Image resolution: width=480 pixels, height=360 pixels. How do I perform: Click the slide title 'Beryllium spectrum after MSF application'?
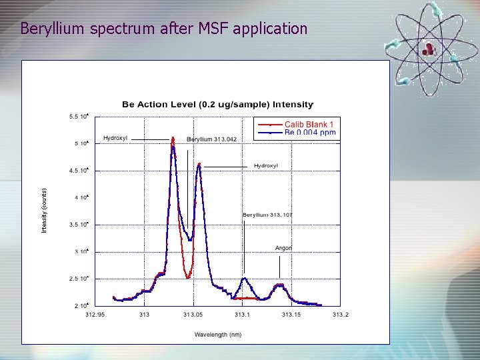tap(163, 29)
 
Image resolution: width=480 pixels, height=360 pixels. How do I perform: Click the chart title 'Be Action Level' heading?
tap(217, 104)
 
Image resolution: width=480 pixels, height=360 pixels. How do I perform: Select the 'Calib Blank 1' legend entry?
tap(309, 124)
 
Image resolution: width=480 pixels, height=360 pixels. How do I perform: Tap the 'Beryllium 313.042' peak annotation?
tap(211, 139)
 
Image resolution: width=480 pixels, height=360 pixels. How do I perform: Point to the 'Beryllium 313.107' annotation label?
tap(267, 215)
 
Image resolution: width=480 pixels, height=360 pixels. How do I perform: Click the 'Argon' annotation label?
tap(283, 248)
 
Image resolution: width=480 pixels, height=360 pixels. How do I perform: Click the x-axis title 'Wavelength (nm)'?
tap(218, 334)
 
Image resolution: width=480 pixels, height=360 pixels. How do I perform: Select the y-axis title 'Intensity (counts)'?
tap(44, 210)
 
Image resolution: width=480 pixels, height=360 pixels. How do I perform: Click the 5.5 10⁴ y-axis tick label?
tap(79, 117)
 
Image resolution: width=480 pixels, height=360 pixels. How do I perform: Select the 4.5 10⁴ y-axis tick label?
tap(79, 171)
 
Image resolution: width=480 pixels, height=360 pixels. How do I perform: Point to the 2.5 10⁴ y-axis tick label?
tap(79, 279)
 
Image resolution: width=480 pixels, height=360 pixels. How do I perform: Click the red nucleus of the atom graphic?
tap(428, 47)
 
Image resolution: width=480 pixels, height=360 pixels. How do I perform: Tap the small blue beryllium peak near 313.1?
tap(245, 279)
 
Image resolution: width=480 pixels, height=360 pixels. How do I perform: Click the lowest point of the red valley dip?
tap(189, 277)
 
